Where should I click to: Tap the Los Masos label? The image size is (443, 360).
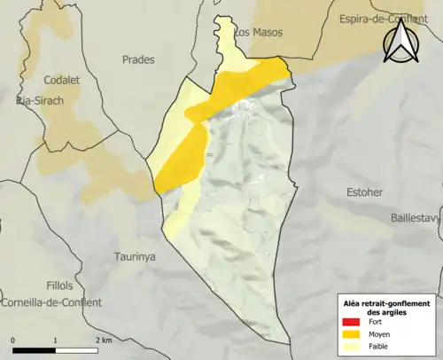click(258, 32)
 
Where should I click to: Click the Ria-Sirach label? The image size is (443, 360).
click(39, 101)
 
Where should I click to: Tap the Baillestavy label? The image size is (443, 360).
click(416, 217)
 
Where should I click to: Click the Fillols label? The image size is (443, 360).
click(61, 286)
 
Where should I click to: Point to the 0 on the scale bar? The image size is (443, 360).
click(12, 340)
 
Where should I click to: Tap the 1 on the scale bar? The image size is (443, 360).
click(56, 340)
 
